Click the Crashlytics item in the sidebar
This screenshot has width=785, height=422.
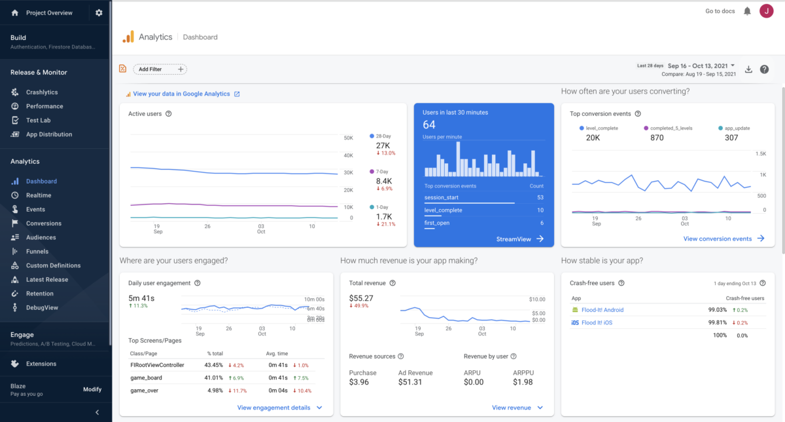pos(42,92)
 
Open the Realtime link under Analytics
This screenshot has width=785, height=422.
pos(38,195)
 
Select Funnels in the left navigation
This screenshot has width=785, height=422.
pos(38,252)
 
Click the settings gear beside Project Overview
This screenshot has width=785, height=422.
pos(99,12)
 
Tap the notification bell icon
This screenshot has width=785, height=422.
pos(747,11)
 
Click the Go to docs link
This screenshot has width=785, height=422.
pos(720,11)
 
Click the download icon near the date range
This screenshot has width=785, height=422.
pos(749,69)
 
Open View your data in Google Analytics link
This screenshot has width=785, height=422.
pos(181,94)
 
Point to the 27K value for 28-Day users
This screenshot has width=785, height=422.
pos(383,145)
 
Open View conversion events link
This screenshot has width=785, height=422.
pos(717,239)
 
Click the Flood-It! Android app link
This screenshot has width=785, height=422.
pos(602,310)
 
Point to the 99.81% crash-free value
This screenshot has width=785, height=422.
pos(717,323)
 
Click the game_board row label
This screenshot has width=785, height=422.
pos(146,378)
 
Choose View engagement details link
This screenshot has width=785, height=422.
pos(273,408)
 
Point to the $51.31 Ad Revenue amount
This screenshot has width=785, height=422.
pos(411,382)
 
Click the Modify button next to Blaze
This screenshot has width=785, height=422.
pos(92,389)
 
